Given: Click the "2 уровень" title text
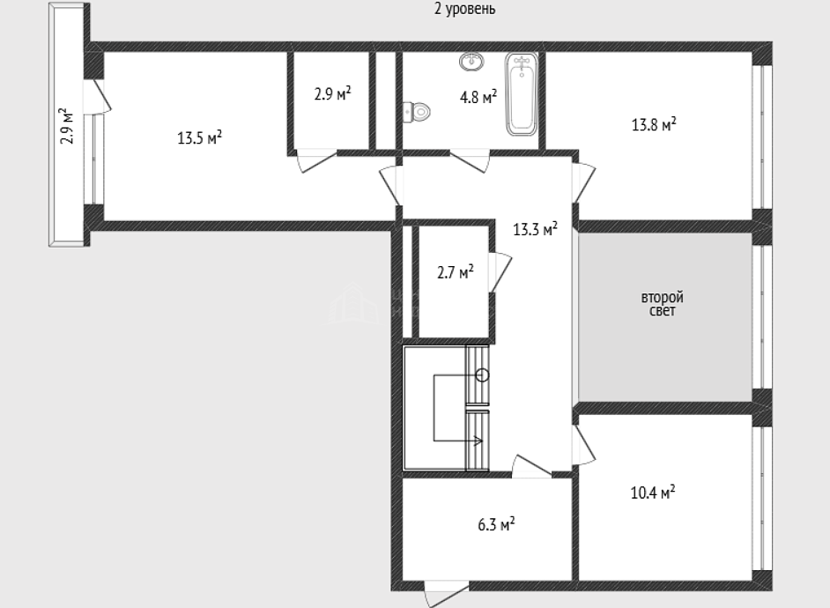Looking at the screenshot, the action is [464, 9].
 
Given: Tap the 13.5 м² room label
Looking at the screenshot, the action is [199, 138].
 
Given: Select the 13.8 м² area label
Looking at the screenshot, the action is [654, 124].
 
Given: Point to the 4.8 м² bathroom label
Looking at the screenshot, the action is [478, 97].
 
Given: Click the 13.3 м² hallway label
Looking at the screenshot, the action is [535, 229].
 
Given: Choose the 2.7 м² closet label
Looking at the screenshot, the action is [456, 272].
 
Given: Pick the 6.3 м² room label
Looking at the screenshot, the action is [497, 524].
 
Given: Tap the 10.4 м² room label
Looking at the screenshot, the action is [653, 493].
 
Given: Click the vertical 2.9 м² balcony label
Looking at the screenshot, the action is [67, 126].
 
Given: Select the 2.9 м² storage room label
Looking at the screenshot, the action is [333, 94].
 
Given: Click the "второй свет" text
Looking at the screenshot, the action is [663, 304].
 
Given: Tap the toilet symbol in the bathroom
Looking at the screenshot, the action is [417, 112].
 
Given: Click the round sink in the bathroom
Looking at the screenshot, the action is [471, 62].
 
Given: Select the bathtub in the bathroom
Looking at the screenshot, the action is [522, 93].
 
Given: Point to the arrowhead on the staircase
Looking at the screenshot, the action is [478, 440].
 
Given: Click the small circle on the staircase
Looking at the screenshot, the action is [482, 375].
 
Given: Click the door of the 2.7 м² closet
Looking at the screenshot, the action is [500, 272].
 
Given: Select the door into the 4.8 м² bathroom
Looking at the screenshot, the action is [470, 161].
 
